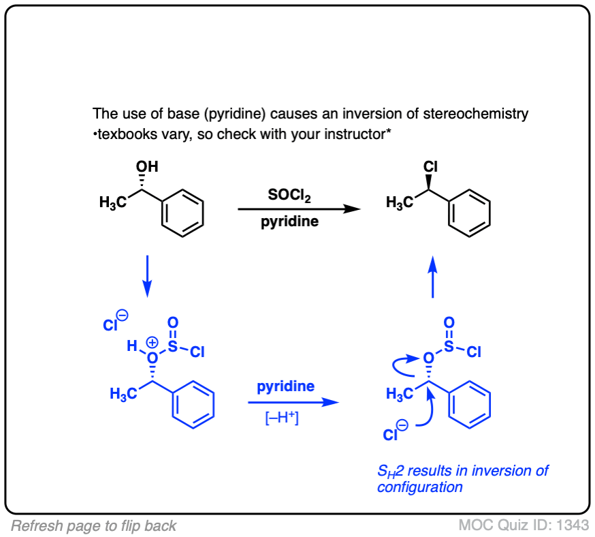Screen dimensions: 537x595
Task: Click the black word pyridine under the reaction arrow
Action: (x=289, y=222)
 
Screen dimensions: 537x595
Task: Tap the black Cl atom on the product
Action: (x=430, y=166)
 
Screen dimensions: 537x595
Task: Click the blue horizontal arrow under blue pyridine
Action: (x=293, y=402)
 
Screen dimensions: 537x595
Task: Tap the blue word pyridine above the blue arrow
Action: (x=286, y=386)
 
